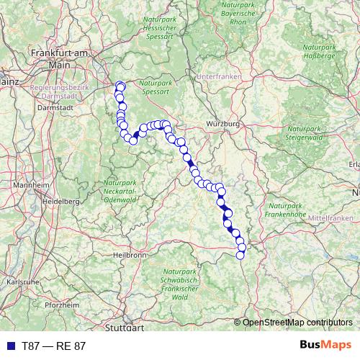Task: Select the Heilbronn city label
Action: [x=130, y=255]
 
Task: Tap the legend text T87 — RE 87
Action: [x=54, y=346]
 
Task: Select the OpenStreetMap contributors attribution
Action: [x=297, y=323]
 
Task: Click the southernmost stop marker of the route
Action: [x=240, y=255]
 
